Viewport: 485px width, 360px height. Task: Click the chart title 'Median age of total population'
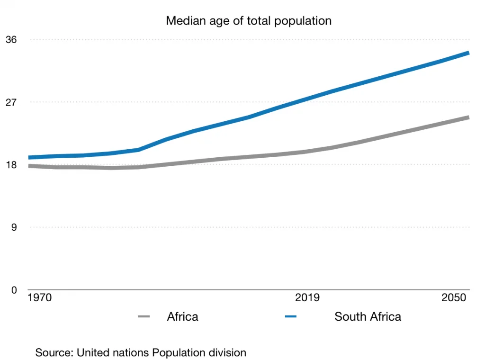point(249,21)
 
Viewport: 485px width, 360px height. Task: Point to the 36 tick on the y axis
point(11,40)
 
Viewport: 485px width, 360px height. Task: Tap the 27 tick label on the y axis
point(11,102)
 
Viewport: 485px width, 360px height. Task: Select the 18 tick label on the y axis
point(11,165)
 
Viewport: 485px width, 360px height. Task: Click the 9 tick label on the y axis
point(14,227)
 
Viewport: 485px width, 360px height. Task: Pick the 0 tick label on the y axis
point(14,290)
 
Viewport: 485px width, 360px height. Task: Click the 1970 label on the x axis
point(40,298)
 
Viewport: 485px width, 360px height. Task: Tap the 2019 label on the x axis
point(307,298)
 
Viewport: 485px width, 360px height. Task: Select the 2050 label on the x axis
point(454,298)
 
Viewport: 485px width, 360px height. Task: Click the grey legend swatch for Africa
point(144,316)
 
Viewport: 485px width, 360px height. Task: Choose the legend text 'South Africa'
point(368,316)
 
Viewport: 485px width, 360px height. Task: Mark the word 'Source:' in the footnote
point(54,353)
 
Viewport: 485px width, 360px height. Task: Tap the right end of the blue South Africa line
point(468,53)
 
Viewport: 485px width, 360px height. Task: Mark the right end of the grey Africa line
point(468,117)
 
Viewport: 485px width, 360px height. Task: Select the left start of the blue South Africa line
point(29,157)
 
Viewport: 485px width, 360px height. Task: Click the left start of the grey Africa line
point(29,166)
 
